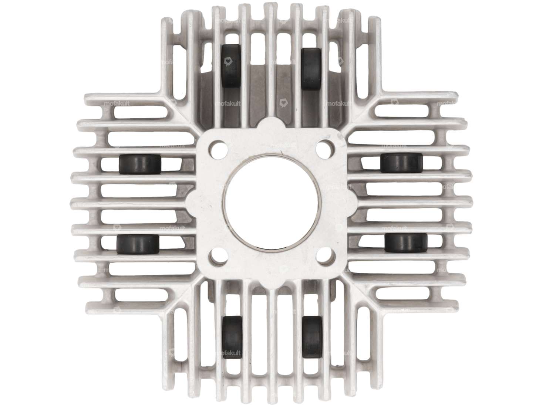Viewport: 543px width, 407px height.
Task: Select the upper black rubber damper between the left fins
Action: (x=140, y=163)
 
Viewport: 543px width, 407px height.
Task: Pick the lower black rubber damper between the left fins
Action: (x=137, y=244)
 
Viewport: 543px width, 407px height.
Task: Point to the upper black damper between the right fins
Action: (x=401, y=163)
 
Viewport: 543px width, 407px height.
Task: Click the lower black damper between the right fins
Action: (x=406, y=242)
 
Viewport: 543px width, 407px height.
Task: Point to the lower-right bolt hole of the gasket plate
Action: (x=324, y=257)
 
